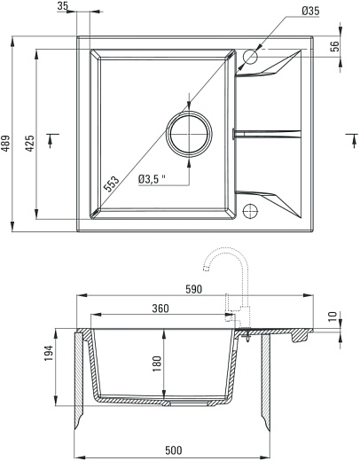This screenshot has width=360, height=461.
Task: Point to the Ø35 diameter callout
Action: pyautogui.click(x=310, y=12)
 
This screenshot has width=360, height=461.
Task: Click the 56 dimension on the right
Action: pyautogui.click(x=334, y=47)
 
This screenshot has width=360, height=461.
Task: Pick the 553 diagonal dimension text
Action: pyautogui.click(x=112, y=184)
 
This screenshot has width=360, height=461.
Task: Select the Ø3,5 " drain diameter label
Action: pyautogui.click(x=153, y=180)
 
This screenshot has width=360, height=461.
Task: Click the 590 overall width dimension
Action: pyautogui.click(x=194, y=289)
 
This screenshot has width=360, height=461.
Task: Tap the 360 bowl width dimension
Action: pyautogui.click(x=160, y=309)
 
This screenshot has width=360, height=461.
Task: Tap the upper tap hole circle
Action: pyautogui.click(x=249, y=58)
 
